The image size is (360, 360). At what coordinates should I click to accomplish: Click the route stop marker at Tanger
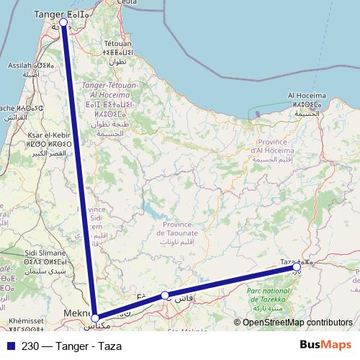coord(63,22)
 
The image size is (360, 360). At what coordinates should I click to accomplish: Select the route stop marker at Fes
coord(165,295)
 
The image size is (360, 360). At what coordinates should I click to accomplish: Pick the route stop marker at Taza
coord(297,267)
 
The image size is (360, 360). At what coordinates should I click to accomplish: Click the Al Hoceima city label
coord(307,95)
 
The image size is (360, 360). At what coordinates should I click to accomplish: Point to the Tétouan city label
coord(117,43)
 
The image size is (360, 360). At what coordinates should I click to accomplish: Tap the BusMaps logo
coord(328,346)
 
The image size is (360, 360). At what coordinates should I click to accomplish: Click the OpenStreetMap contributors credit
coord(297,323)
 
